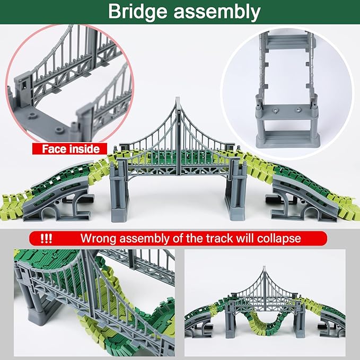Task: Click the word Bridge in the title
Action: click(138, 12)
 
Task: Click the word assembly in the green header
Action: click(217, 12)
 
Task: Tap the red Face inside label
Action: click(70, 149)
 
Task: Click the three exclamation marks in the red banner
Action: click(46, 239)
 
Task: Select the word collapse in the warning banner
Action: click(279, 239)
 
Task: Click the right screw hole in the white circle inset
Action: click(298, 110)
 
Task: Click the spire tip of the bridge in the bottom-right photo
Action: click(265, 267)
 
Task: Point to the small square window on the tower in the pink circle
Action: click(24, 85)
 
